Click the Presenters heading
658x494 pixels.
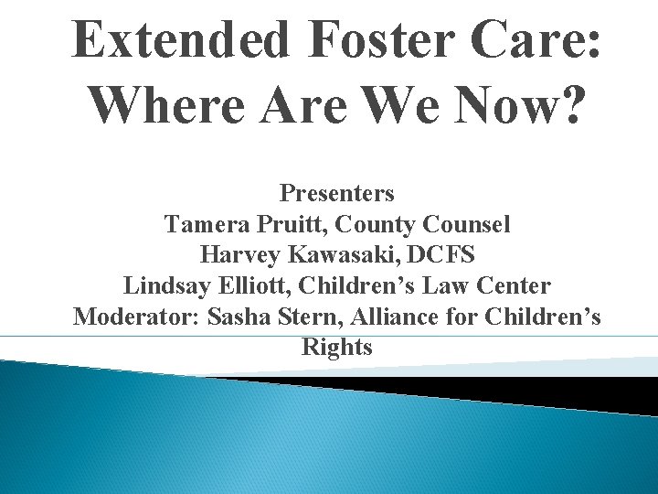336,194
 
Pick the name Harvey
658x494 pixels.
234,255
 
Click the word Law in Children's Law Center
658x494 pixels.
454,286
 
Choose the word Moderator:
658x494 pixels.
137,317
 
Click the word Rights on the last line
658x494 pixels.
336,348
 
